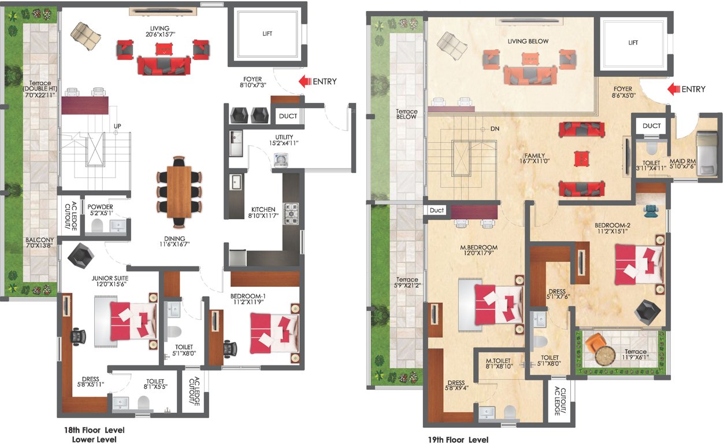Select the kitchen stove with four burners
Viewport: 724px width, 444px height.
290,212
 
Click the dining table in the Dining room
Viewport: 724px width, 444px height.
179,191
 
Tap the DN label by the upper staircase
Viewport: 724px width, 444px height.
494,128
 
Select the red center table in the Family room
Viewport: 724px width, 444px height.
581,158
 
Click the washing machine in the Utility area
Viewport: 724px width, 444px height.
281,160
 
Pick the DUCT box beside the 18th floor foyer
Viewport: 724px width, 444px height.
288,116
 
